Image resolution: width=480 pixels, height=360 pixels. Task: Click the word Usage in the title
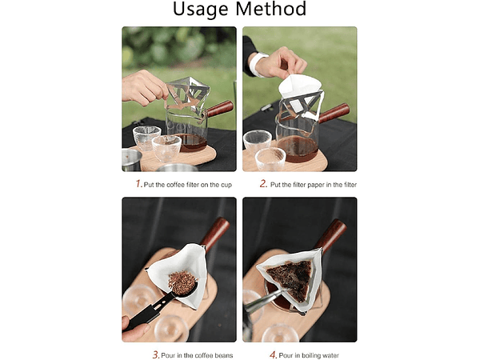click(x=201, y=9)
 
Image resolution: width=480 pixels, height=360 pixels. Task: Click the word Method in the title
click(x=271, y=8)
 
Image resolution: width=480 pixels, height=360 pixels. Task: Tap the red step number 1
click(x=138, y=184)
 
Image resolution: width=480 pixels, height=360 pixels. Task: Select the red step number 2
click(x=263, y=184)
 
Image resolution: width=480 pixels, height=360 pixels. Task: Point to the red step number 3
click(x=156, y=354)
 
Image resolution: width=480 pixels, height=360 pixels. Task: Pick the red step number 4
click(x=274, y=354)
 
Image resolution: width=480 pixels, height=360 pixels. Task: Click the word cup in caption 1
click(x=226, y=186)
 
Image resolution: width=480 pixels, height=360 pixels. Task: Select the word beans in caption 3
click(x=224, y=355)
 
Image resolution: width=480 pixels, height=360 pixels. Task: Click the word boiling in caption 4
click(x=312, y=355)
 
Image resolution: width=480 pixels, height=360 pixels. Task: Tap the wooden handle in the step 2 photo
click(x=334, y=113)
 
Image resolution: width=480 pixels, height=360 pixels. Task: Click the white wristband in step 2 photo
click(x=257, y=63)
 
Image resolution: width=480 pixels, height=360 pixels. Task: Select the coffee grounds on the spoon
click(x=182, y=281)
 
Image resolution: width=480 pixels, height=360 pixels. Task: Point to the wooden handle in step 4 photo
click(x=330, y=234)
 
